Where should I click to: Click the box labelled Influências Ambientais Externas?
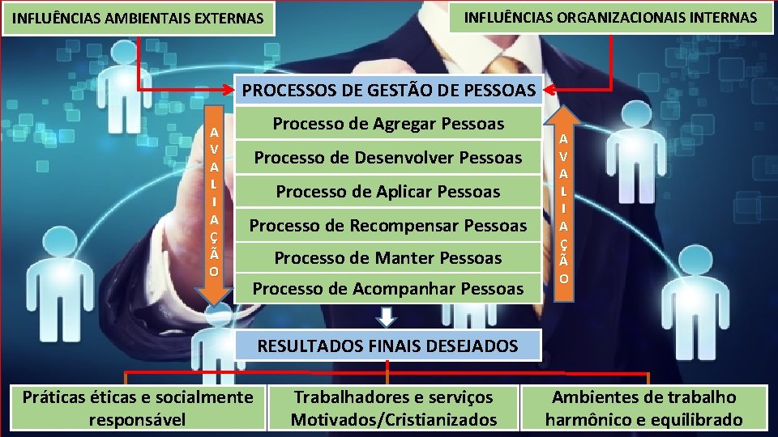138,18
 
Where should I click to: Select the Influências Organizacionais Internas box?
610,17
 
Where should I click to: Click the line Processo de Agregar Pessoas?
388,124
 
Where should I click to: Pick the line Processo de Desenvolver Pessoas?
388,157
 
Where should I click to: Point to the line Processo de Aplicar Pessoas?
388,192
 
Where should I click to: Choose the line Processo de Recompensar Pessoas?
388,225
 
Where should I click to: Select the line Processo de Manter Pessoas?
388,258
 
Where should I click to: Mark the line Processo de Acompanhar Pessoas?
388,288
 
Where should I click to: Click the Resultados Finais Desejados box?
387,346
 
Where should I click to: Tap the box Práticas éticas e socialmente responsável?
138,408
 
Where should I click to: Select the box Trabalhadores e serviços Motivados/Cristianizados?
394,408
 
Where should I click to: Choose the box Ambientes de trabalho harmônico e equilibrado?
643,408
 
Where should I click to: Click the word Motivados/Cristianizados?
394,419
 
